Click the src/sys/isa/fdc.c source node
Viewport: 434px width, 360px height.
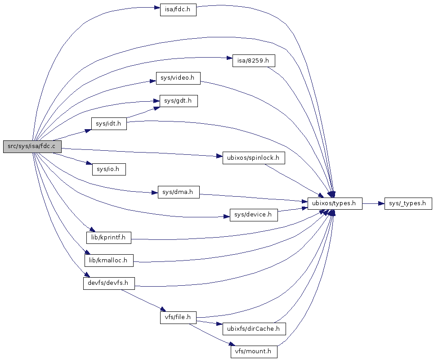tap(32, 147)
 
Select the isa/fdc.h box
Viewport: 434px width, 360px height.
tap(178, 10)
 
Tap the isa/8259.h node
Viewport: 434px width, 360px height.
tap(253, 61)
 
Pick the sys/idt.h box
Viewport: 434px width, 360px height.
tap(109, 124)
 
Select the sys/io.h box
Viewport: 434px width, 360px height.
tap(108, 169)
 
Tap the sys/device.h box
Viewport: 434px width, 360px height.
tap(254, 215)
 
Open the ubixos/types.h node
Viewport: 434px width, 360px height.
tap(334, 203)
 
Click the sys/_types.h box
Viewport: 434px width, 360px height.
tap(408, 203)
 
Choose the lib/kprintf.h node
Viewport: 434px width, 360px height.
tap(109, 237)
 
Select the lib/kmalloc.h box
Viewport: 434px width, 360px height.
tap(109, 260)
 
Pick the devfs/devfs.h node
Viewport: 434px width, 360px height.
tap(109, 283)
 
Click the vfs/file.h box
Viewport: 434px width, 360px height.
tap(178, 317)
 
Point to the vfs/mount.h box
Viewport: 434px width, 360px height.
tap(254, 351)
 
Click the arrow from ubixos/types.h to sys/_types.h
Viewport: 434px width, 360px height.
tap(373, 203)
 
